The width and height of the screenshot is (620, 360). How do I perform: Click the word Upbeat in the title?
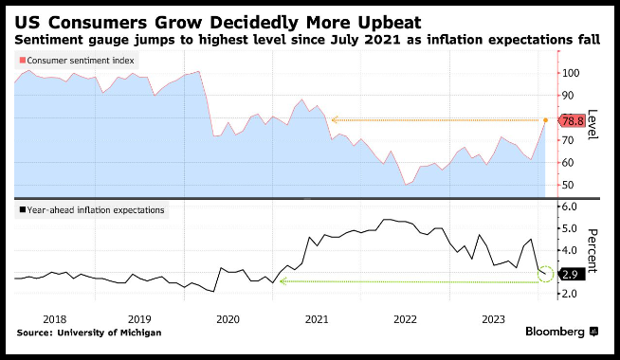[x=390, y=24]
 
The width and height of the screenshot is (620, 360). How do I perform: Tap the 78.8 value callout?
[x=572, y=120]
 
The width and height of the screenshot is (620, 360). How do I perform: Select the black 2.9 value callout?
[x=572, y=274]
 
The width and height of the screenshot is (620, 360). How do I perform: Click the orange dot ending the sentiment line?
[x=546, y=120]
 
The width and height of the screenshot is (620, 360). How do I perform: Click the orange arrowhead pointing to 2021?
[x=335, y=119]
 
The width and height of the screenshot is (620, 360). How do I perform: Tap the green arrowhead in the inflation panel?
[x=283, y=281]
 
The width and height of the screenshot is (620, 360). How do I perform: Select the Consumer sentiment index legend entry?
[x=77, y=61]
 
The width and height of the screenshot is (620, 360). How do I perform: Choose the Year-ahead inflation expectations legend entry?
[x=92, y=209]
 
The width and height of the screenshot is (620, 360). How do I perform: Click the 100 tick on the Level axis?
[x=571, y=73]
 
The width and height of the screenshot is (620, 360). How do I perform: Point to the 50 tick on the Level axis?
[x=568, y=185]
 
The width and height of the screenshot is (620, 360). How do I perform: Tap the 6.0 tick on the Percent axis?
[x=570, y=207]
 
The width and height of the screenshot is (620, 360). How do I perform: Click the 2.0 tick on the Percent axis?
[x=570, y=294]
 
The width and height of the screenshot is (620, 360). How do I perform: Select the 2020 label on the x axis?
[x=228, y=319]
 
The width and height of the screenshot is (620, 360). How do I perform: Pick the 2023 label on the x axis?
[x=494, y=319]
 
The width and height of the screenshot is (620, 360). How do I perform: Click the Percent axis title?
[x=592, y=250]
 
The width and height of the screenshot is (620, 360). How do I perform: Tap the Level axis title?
[x=592, y=124]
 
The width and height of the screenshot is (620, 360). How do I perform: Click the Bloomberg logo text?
[x=555, y=332]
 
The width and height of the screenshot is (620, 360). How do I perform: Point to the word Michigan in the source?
[x=140, y=333]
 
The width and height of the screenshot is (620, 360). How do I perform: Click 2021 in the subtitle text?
[x=382, y=40]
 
